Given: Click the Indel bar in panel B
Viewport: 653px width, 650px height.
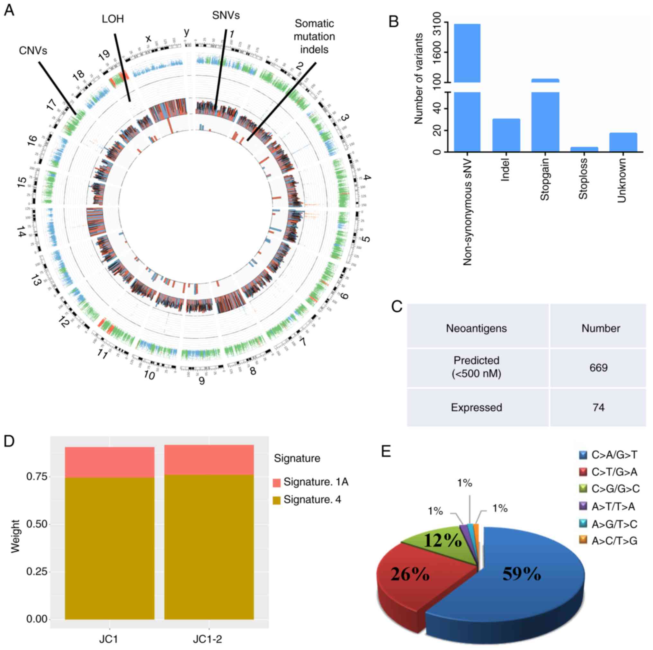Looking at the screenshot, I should pos(506,135).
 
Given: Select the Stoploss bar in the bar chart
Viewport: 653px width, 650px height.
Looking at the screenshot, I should pos(584,149).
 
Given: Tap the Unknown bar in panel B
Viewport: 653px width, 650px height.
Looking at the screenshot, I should pos(623,142).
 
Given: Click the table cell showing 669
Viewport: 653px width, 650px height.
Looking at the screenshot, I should pos(598,368).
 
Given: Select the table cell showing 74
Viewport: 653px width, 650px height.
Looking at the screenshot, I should pos(598,407).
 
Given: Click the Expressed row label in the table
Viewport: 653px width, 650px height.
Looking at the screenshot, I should pos(476,407).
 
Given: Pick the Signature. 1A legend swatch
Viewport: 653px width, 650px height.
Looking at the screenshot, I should pos(276,482).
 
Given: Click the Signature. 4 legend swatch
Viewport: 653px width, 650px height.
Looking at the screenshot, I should pos(276,500).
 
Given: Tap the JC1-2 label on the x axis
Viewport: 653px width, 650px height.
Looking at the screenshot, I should pos(208,639).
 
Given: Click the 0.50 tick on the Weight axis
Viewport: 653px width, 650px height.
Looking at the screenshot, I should pos(37,524).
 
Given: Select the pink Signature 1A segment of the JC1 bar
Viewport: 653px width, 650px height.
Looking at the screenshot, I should pos(110,462).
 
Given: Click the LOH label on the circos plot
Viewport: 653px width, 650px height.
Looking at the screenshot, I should pos(113,19).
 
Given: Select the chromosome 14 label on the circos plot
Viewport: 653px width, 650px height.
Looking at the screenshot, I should pos(21,232).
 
